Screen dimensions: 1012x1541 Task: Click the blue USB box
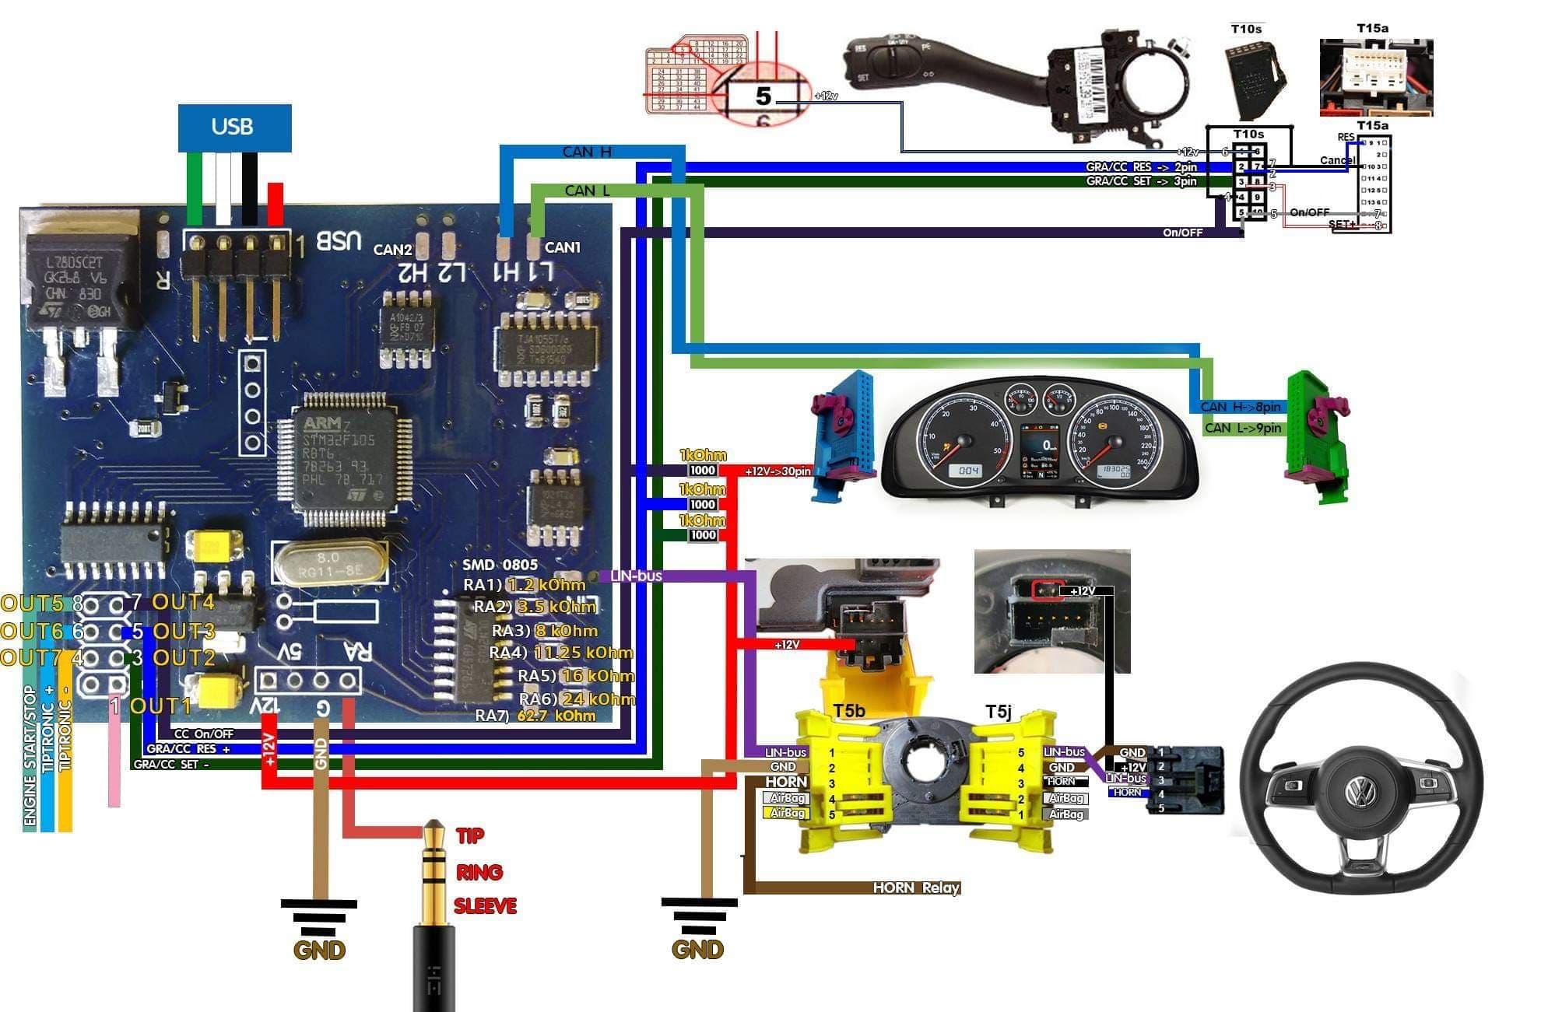[x=234, y=128]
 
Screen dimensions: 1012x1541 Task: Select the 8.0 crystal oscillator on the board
[x=329, y=565]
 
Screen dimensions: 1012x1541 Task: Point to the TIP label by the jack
[x=469, y=836]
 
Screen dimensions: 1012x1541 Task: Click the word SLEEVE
[x=485, y=906]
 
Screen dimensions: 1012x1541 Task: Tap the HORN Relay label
[x=915, y=888]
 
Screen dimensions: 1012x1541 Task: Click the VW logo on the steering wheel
[x=1360, y=793]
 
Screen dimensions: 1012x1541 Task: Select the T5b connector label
[x=849, y=711]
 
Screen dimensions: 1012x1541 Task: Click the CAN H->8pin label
[x=1239, y=407]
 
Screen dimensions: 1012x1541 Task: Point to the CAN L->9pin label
[x=1242, y=428]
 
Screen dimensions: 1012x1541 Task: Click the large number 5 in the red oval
[x=763, y=96]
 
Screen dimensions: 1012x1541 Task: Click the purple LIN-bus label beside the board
[x=636, y=576]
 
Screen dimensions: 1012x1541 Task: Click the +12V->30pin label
[x=777, y=471]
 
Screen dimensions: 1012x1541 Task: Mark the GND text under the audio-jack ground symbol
[x=318, y=950]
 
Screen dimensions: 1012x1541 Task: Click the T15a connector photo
[x=1375, y=78]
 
